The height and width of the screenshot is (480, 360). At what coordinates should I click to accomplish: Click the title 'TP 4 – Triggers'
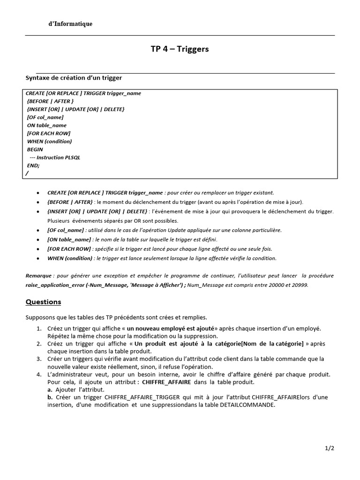coord(180,49)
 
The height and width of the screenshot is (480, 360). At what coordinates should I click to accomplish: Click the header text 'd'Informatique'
coord(70,24)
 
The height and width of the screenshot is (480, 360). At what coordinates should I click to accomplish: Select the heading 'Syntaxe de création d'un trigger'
coord(74,78)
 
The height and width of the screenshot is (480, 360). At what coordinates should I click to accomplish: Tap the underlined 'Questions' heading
coord(43,302)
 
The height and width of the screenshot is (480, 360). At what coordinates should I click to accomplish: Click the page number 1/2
coord(330,448)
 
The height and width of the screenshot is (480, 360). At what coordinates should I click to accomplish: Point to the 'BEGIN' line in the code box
coord(35,149)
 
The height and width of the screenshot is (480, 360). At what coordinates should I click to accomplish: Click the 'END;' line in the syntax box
coord(33,165)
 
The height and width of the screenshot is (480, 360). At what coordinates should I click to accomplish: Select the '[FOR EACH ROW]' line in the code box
coord(49,133)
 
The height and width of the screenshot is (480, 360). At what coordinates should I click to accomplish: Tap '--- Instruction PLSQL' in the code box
coord(55,157)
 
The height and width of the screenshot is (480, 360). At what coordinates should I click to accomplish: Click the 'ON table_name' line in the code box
coord(47,125)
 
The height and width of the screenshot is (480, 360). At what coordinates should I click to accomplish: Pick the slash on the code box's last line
coord(27,173)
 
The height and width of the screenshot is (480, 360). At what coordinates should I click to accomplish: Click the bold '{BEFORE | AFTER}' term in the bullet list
coord(70,202)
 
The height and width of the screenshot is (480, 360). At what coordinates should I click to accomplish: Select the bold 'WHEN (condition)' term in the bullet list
coord(69,258)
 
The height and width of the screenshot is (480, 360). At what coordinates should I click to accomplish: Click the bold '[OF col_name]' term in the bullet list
coord(66,230)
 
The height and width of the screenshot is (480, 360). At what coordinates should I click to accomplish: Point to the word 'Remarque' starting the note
coord(39,276)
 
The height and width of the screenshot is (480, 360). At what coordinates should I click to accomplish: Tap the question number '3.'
coord(39,359)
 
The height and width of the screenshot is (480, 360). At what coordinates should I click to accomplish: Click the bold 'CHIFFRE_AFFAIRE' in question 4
coord(166,382)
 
